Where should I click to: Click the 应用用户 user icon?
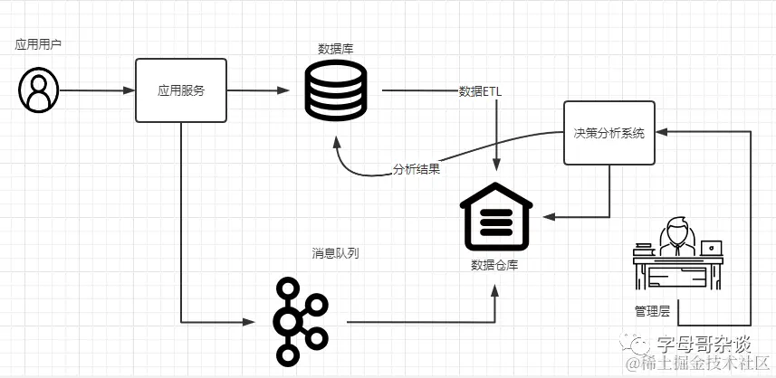tap(38, 90)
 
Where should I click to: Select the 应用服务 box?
tap(181, 90)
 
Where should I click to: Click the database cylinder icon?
tap(334, 91)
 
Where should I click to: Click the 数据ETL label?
tap(481, 91)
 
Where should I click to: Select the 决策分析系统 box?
tap(608, 133)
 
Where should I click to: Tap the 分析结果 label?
tap(417, 169)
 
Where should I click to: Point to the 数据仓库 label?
tap(494, 265)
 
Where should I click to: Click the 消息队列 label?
tap(335, 253)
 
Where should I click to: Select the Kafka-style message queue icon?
tap(300, 320)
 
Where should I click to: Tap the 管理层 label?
tap(652, 311)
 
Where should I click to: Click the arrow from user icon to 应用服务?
tap(96, 90)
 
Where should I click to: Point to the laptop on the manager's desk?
tap(713, 246)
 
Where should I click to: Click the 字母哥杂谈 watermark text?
tap(704, 344)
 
